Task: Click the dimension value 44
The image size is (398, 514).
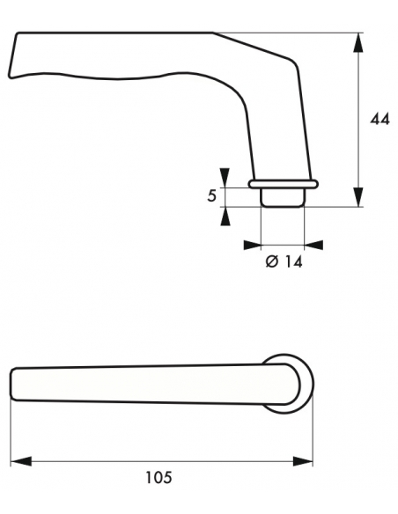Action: (380, 119)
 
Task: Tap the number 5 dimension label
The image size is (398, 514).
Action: (211, 195)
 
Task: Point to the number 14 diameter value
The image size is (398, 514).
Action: (291, 261)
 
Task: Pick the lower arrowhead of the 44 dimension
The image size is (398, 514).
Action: (359, 199)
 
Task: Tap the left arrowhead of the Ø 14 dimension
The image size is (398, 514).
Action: (254, 245)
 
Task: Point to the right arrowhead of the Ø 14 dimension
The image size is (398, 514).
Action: (313, 245)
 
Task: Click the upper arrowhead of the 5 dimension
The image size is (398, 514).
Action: (225, 178)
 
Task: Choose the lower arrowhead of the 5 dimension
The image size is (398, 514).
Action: (225, 214)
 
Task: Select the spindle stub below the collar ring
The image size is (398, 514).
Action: (283, 197)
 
